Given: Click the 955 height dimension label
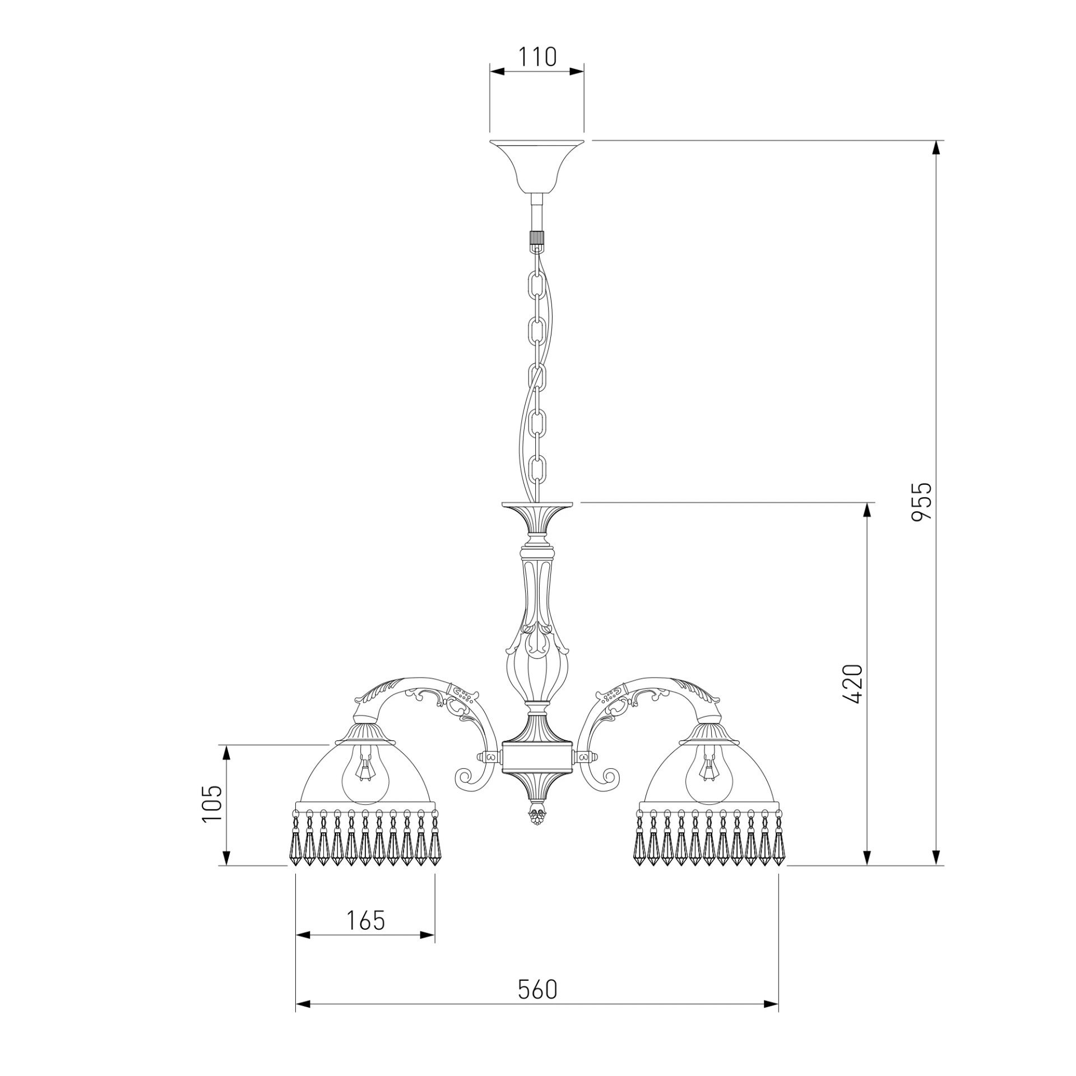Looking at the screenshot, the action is tap(921, 502).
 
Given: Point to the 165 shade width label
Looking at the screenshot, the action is tap(365, 920).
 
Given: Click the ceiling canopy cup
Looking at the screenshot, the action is tap(537, 166).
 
